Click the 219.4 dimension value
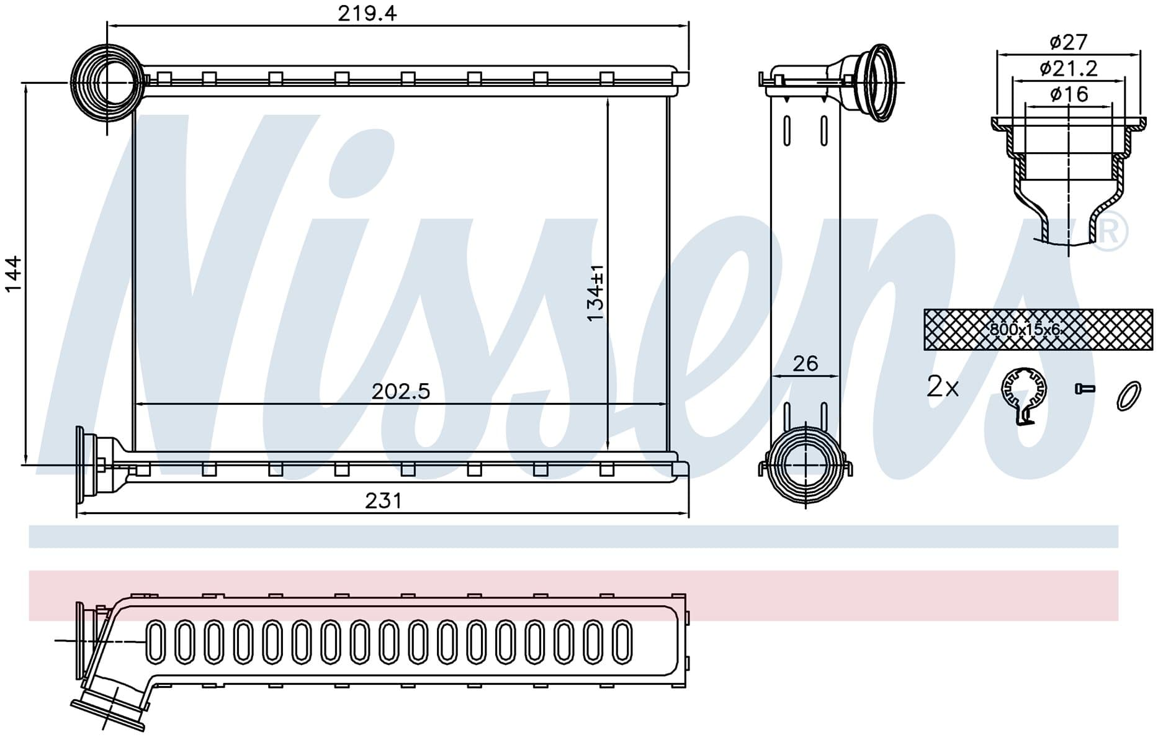tap(367, 13)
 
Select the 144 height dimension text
tap(13, 273)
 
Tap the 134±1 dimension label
tap(596, 293)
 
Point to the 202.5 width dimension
tap(400, 391)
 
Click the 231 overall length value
tap(383, 500)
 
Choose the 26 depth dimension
tap(805, 363)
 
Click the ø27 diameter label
tap(1068, 42)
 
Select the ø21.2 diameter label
tap(1069, 68)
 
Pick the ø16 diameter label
tap(1069, 94)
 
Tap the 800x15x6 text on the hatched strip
tap(1025, 330)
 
